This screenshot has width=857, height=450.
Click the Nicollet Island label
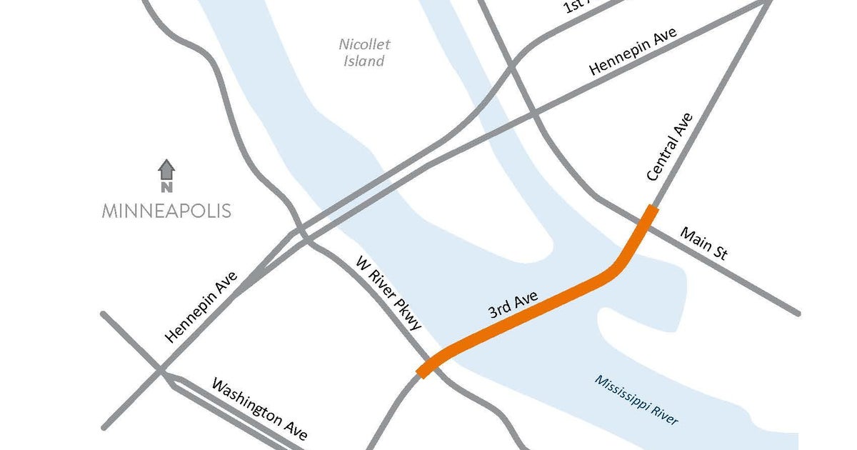point(364,53)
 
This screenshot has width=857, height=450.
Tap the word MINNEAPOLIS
point(166,211)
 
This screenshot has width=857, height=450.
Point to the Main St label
point(703,243)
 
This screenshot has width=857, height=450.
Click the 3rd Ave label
point(513,306)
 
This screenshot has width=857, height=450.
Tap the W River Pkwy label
point(389,293)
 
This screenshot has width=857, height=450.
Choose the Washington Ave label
point(260,409)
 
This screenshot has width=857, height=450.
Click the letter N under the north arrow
point(166,188)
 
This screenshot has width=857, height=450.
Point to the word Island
point(364,61)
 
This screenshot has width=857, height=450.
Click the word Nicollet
point(364,44)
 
